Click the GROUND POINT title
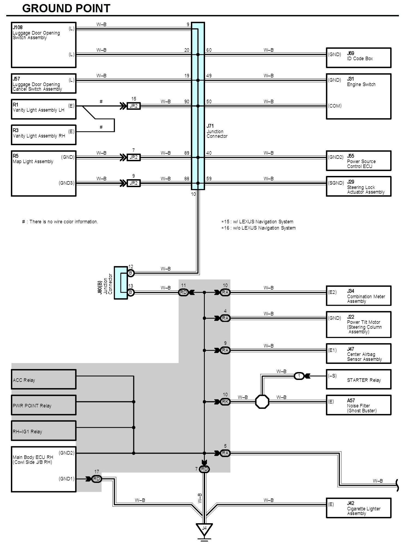pyautogui.click(x=66, y=8)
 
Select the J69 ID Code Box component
pyautogui.click(x=359, y=58)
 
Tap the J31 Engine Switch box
pyautogui.click(x=359, y=96)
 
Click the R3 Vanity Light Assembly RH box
pyautogui.click(x=44, y=135)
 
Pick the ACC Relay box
pyautogui.click(x=44, y=379)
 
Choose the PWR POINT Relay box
pyautogui.click(x=44, y=405)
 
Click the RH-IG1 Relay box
pyautogui.click(x=44, y=431)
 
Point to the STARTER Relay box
pyautogui.click(x=359, y=379)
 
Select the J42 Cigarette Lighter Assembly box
pyautogui.click(x=359, y=508)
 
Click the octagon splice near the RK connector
pyautogui.click(x=262, y=402)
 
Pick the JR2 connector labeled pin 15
pyautogui.click(x=134, y=106)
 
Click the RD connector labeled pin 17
pyautogui.click(x=97, y=479)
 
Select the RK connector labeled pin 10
pyautogui.click(x=225, y=402)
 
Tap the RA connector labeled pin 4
pyautogui.click(x=225, y=318)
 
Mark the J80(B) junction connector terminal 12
pyautogui.click(x=131, y=273)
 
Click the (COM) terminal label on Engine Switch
pyautogui.click(x=335, y=106)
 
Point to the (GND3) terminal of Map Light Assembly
pyautogui.click(x=67, y=183)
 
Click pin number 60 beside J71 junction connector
pyautogui.click(x=209, y=50)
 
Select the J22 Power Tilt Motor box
pyautogui.click(x=359, y=324)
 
